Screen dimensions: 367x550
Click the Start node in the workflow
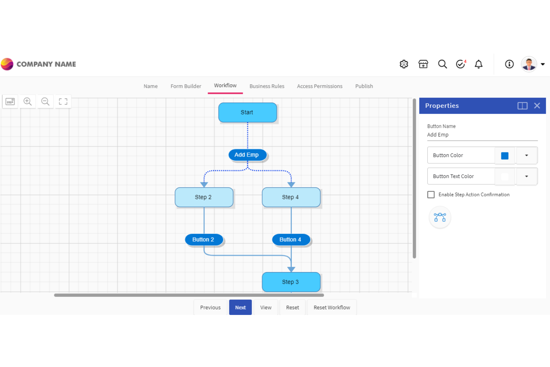247,112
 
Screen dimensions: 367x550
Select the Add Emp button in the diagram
247,155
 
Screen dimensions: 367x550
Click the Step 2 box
204,197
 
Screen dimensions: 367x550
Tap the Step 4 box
291,197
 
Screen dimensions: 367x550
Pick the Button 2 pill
204,239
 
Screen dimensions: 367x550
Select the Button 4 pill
291,239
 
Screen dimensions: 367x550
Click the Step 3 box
291,282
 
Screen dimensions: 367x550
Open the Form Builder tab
186,86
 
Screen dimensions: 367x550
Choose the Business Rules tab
267,86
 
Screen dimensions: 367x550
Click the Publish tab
364,86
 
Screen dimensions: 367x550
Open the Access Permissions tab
320,86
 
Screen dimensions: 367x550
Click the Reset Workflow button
331,308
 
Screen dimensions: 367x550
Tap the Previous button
210,308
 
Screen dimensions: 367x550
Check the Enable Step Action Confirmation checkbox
431,194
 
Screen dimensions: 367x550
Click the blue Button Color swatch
505,155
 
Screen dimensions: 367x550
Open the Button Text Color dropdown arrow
526,176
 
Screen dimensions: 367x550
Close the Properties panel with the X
537,106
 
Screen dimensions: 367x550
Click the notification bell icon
479,64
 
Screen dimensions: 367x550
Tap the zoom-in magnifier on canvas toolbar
27,102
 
